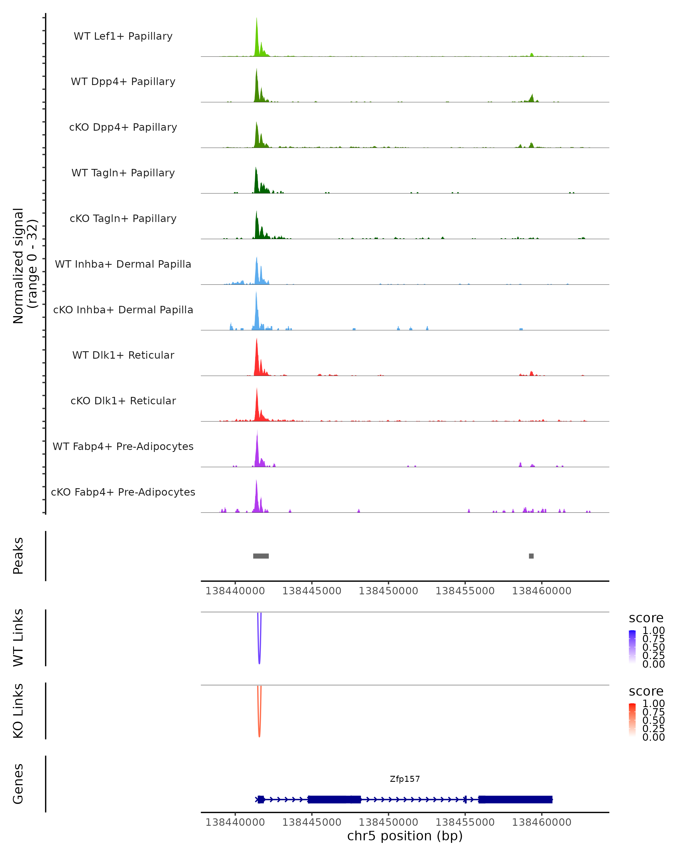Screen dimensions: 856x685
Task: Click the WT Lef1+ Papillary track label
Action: pyautogui.click(x=123, y=36)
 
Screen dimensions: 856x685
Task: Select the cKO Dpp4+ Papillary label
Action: pyautogui.click(x=123, y=128)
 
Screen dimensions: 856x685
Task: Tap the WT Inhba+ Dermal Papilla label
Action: pyautogui.click(x=123, y=265)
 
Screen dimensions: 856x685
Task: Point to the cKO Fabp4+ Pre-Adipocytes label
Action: pyautogui.click(x=123, y=492)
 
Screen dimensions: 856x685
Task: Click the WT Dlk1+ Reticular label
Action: pyautogui.click(x=123, y=355)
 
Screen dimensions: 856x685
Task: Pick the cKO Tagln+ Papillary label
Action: pyautogui.click(x=123, y=219)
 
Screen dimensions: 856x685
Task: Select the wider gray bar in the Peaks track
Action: pyautogui.click(x=261, y=556)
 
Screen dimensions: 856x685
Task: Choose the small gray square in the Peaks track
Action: pyautogui.click(x=531, y=556)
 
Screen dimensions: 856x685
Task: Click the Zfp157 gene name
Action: pyautogui.click(x=405, y=779)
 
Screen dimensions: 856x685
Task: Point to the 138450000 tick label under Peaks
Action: pyautogui.click(x=388, y=591)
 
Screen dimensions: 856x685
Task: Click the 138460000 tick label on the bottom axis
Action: pyautogui.click(x=542, y=822)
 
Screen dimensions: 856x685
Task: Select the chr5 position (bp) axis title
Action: pyautogui.click(x=405, y=836)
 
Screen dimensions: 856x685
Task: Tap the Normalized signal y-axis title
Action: pyautogui.click(x=25, y=266)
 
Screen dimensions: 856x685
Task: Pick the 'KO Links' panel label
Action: pyautogui.click(x=18, y=711)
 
